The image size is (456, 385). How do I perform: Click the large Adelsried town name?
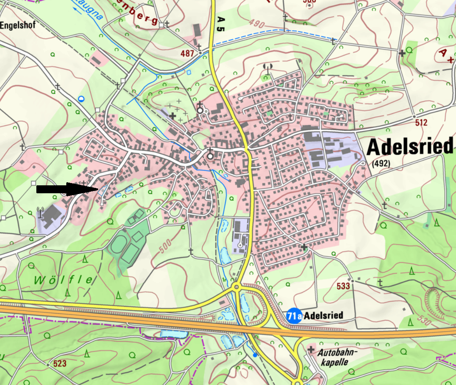[x=410, y=147]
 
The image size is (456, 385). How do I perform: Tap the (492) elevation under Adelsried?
[x=381, y=164]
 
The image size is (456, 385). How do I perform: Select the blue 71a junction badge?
[x=294, y=315]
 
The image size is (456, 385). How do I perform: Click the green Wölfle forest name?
[x=63, y=280]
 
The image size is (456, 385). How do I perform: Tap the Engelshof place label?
[x=18, y=25]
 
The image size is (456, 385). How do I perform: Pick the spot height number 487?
[x=187, y=53]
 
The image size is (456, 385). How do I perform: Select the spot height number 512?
[x=421, y=123]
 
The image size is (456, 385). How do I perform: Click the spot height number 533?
[x=343, y=286]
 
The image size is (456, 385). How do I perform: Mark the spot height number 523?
[x=60, y=364]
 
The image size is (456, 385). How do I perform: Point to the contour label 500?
[x=166, y=246]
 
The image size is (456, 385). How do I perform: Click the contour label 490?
[x=257, y=23]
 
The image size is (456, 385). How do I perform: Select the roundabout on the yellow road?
[x=237, y=287]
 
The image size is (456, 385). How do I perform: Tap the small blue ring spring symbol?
[x=81, y=99]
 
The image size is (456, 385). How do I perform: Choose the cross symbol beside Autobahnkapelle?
[x=311, y=350]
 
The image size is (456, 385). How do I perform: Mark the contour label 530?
[x=425, y=320]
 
